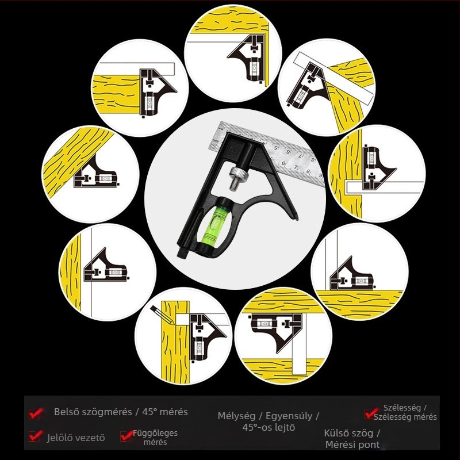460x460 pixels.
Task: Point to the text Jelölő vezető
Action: (76, 438)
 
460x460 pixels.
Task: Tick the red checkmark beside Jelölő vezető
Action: (36, 436)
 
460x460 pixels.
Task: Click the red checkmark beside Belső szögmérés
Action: (36, 413)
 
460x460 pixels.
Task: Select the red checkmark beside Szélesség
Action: (371, 413)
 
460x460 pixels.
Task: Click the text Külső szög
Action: (348, 434)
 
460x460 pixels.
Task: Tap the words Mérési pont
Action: (352, 444)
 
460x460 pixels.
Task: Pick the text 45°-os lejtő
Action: (269, 427)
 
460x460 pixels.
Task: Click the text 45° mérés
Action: (165, 412)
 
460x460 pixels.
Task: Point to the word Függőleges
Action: (155, 434)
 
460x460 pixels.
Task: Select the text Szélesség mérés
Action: (405, 417)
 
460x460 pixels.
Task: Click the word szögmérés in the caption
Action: (107, 412)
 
